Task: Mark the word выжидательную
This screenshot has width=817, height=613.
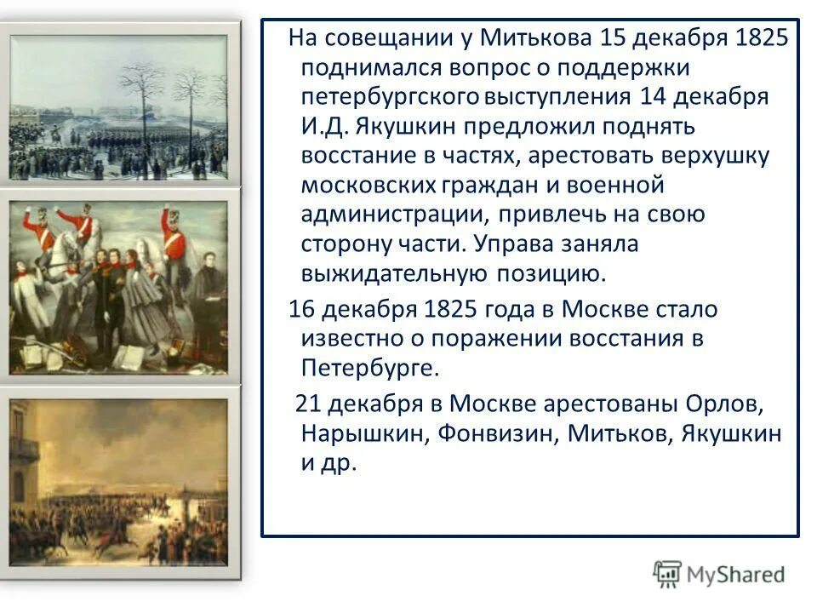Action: pyautogui.click(x=391, y=272)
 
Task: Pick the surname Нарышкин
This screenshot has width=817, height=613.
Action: pyautogui.click(x=363, y=433)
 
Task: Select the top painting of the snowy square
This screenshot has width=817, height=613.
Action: pyautogui.click(x=118, y=107)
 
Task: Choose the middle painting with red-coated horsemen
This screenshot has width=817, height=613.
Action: pyautogui.click(x=118, y=287)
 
